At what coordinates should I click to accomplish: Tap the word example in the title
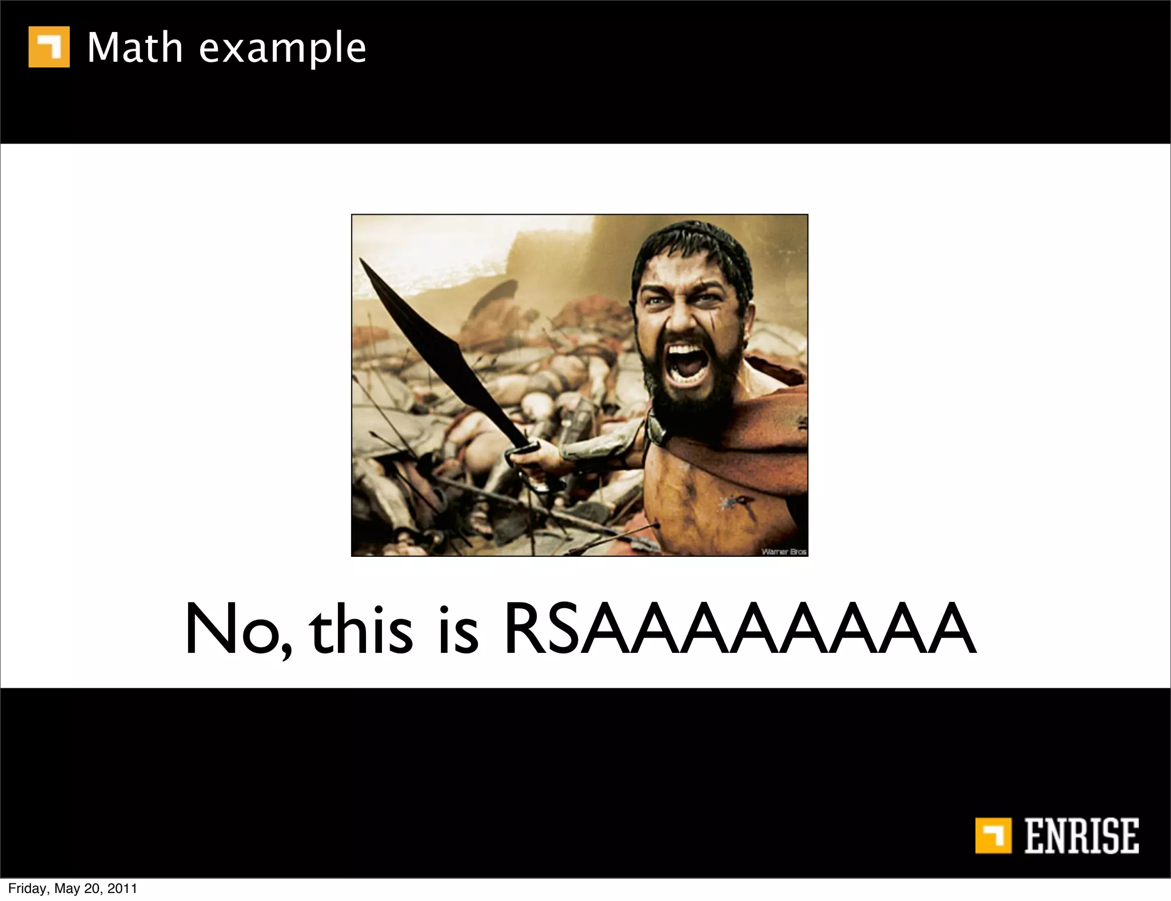282,49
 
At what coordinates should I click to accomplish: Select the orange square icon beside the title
49,47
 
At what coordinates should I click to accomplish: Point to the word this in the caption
361,629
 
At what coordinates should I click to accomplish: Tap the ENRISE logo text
1081,836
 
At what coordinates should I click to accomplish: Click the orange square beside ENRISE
993,836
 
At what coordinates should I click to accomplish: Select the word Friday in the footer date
29,888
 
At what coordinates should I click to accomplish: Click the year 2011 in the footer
122,888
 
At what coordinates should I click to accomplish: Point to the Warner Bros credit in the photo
783,551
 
